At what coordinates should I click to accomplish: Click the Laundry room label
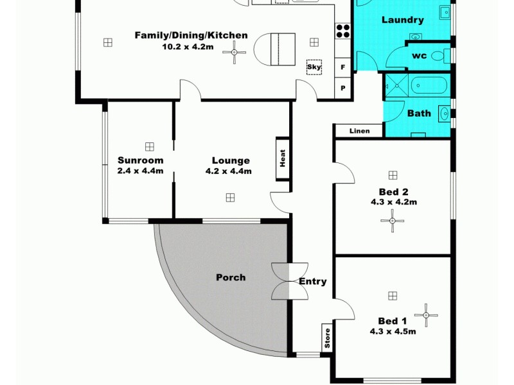click(x=403, y=20)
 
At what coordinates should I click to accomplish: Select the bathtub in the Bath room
click(x=428, y=85)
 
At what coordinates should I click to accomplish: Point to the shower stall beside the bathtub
click(x=395, y=85)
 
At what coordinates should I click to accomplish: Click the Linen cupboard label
click(x=359, y=132)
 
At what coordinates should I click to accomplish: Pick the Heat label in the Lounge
click(x=282, y=158)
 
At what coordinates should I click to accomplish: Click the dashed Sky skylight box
click(x=314, y=67)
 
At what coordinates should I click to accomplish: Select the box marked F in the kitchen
click(x=343, y=67)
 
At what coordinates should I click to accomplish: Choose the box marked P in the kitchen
click(x=343, y=88)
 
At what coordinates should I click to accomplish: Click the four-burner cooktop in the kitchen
click(x=342, y=31)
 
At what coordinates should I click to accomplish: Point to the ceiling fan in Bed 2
click(x=392, y=221)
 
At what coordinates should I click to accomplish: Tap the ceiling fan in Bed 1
click(x=425, y=315)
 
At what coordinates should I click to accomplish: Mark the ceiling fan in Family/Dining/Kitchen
click(x=235, y=53)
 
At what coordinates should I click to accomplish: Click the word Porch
click(x=230, y=277)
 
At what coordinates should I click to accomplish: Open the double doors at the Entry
click(x=288, y=281)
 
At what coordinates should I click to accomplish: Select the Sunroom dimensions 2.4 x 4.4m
click(x=140, y=171)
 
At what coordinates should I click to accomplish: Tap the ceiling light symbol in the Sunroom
click(x=150, y=146)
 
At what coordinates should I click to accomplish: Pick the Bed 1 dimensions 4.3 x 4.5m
click(x=393, y=332)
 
